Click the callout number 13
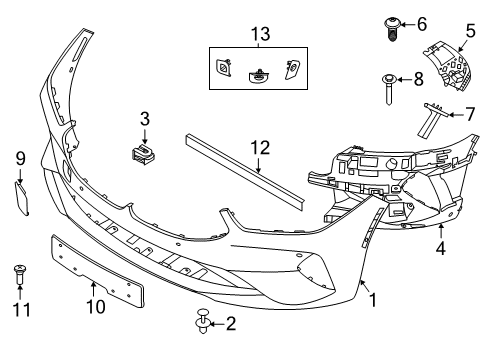pyautogui.click(x=260, y=34)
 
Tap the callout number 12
pyautogui.click(x=260, y=148)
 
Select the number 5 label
pyautogui.click(x=470, y=31)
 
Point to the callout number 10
pyautogui.click(x=96, y=306)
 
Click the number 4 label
pyautogui.click(x=441, y=248)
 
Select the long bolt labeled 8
pyautogui.click(x=389, y=89)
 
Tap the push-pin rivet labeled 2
pyautogui.click(x=203, y=321)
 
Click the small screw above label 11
pyautogui.click(x=20, y=274)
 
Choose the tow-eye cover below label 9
pyautogui.click(x=22, y=198)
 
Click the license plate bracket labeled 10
pyautogui.click(x=98, y=270)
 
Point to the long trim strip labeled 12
pyautogui.click(x=245, y=171)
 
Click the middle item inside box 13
pyautogui.click(x=258, y=76)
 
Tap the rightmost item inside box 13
pyautogui.click(x=292, y=70)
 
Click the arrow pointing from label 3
pyautogui.click(x=144, y=136)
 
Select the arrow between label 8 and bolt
pyautogui.click(x=404, y=79)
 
